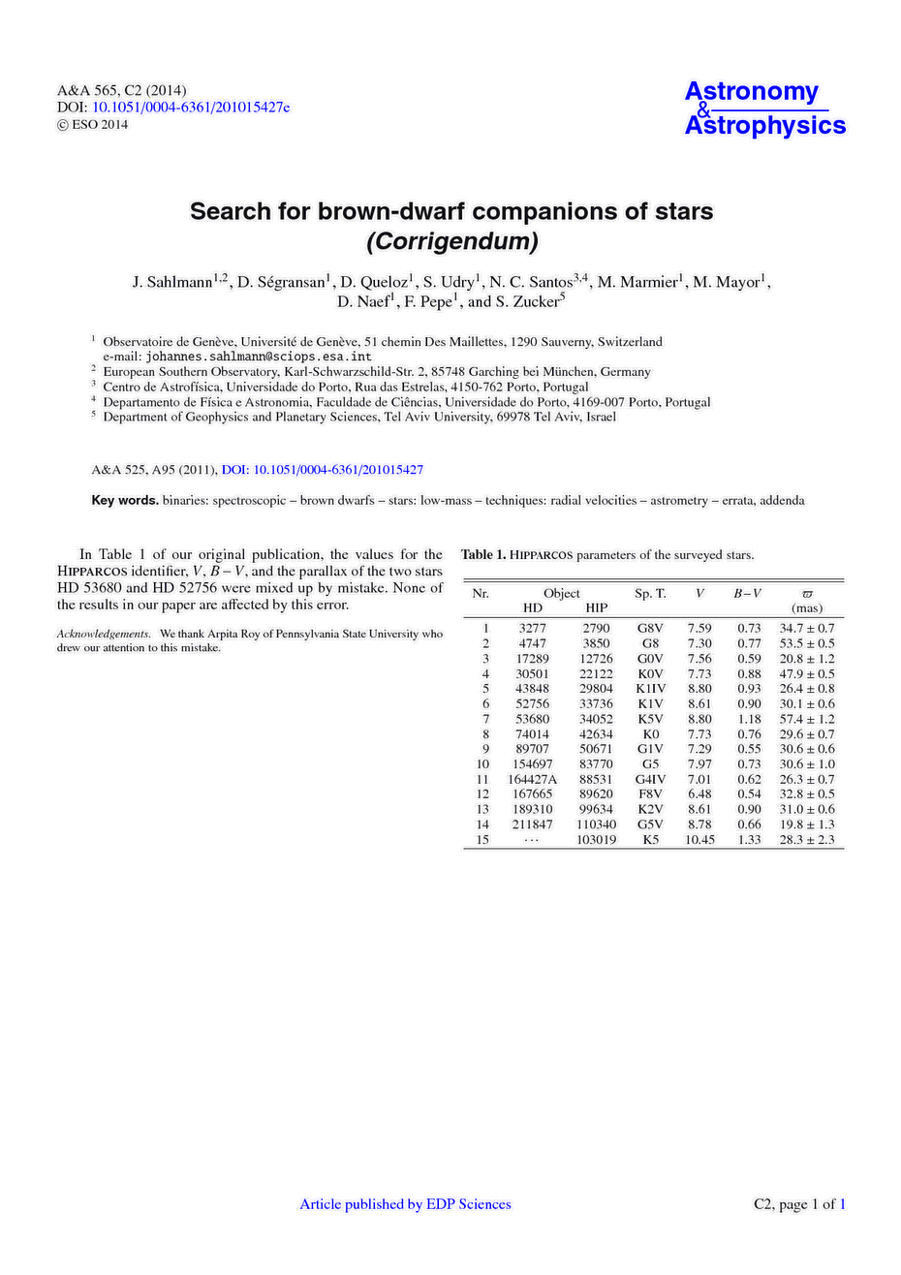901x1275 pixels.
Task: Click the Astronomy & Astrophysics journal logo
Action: point(764,108)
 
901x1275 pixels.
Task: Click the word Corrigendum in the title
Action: point(450,239)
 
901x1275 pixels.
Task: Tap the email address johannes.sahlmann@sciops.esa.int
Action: point(258,357)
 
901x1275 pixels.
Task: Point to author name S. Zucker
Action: point(528,302)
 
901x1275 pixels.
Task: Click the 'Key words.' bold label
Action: point(125,501)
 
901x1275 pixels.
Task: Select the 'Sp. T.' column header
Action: point(650,593)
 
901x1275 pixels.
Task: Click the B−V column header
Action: point(747,593)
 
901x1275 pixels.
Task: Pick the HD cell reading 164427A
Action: point(532,779)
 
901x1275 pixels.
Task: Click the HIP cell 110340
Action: point(596,824)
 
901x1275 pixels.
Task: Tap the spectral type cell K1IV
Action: point(650,689)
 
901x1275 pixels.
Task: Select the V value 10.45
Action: point(699,840)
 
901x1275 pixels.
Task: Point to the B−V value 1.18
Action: point(749,719)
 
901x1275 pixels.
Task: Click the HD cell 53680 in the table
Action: point(532,719)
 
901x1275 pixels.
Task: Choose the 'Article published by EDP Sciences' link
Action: point(405,1204)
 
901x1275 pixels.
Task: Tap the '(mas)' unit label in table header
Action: point(806,607)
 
